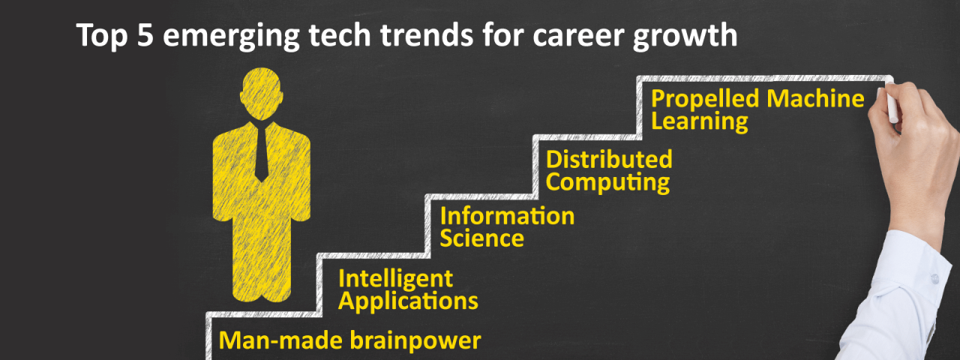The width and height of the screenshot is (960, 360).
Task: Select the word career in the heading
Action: pyautogui.click(x=574, y=36)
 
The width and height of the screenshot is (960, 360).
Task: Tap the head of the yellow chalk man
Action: pyautogui.click(x=262, y=94)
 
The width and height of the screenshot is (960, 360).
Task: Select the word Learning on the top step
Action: pyautogui.click(x=700, y=121)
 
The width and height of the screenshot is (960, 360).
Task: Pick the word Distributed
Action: pyautogui.click(x=609, y=159)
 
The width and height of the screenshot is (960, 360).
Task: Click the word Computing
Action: pyautogui.click(x=607, y=182)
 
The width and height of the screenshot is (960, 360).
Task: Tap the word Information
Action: pyautogui.click(x=507, y=216)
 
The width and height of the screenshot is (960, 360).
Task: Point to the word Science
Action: pyautogui.click(x=481, y=238)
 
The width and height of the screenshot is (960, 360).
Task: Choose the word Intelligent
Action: pyautogui.click(x=395, y=279)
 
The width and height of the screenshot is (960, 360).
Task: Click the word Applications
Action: pyautogui.click(x=408, y=301)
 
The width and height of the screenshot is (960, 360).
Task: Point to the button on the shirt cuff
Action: pyautogui.click(x=934, y=278)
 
